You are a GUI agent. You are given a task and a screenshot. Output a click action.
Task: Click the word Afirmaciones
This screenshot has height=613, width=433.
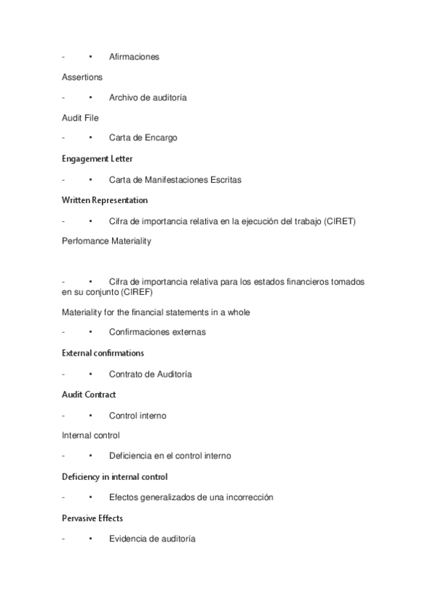click(x=134, y=56)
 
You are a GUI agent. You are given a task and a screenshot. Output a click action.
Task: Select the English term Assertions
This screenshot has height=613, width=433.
click(x=82, y=77)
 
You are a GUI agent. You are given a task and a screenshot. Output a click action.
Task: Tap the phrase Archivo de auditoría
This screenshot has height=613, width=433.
click(x=147, y=98)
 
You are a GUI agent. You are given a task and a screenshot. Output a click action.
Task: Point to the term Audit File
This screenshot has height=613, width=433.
click(x=80, y=118)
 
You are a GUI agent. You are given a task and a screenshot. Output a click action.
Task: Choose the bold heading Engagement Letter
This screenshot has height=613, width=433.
click(x=97, y=158)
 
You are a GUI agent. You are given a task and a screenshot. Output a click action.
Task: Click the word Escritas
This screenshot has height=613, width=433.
click(x=225, y=179)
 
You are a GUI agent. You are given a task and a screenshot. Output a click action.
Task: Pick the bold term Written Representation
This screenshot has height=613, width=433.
click(x=105, y=200)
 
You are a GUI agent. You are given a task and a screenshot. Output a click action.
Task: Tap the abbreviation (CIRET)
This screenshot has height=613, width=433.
click(x=340, y=221)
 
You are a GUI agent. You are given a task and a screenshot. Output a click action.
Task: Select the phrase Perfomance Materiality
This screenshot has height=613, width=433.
click(x=106, y=241)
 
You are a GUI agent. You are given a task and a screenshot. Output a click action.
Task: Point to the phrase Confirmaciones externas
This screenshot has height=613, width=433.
click(x=157, y=333)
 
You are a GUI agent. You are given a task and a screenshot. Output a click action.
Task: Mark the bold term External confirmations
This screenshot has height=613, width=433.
click(x=103, y=353)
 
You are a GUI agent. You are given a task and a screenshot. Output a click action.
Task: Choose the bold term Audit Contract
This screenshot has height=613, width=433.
click(x=89, y=395)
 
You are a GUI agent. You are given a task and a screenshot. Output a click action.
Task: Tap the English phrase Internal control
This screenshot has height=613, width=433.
click(x=90, y=436)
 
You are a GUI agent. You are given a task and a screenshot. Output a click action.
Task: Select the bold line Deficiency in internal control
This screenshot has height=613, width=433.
click(x=114, y=477)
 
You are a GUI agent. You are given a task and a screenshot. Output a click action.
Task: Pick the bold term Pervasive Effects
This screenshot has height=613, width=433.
click(x=92, y=518)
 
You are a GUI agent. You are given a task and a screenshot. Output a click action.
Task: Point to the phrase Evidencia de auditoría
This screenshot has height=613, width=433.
click(x=152, y=539)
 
